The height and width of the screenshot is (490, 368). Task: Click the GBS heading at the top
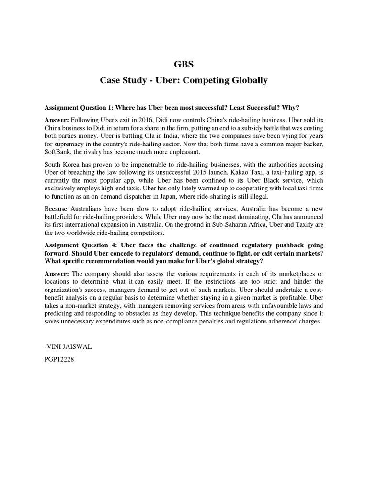(184, 65)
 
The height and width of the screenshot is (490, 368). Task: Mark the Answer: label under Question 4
(57, 273)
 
